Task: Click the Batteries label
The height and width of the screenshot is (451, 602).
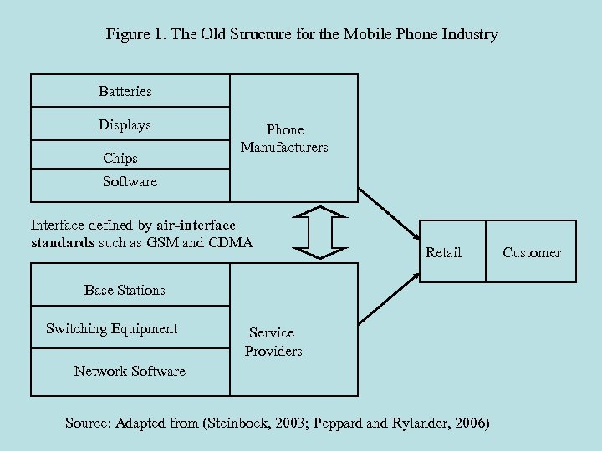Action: click(x=125, y=91)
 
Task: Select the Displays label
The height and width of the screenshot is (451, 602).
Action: click(x=125, y=125)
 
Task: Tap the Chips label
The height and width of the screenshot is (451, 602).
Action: click(x=120, y=158)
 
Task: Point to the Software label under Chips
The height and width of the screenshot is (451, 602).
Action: click(x=130, y=181)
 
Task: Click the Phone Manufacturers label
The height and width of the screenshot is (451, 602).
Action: click(x=284, y=139)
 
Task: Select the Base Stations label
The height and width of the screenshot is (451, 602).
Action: click(x=125, y=291)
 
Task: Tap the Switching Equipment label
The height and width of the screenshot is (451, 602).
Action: click(x=112, y=328)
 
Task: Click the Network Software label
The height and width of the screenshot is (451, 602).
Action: click(x=130, y=371)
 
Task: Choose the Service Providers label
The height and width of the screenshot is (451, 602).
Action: click(x=273, y=342)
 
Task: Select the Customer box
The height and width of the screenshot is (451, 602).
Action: click(x=532, y=252)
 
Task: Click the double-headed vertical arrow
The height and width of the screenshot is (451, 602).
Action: click(x=321, y=232)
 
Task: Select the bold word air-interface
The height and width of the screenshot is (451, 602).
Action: click(x=196, y=225)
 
